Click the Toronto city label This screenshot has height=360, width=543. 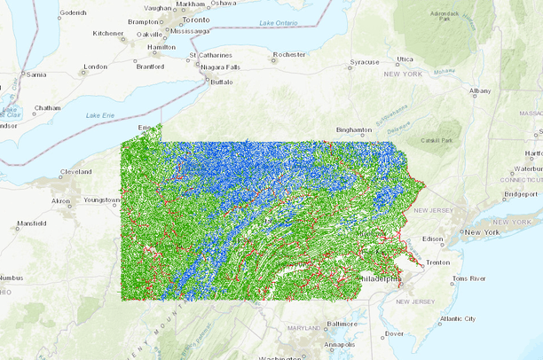pyautogui.click(x=197, y=19)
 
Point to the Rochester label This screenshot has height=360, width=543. pyautogui.click(x=289, y=54)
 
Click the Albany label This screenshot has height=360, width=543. pyautogui.click(x=480, y=90)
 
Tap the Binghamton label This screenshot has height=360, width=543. pyautogui.click(x=354, y=129)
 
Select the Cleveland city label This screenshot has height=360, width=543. pyautogui.click(x=75, y=171)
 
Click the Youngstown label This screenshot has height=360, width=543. pyautogui.click(x=101, y=200)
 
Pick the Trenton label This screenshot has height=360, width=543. pyautogui.click(x=438, y=262)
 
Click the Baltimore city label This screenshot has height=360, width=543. pyautogui.click(x=342, y=324)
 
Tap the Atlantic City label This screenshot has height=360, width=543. pyautogui.click(x=457, y=318)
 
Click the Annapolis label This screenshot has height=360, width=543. pyautogui.click(x=340, y=344)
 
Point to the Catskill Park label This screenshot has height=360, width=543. pyautogui.click(x=437, y=140)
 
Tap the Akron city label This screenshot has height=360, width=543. pyautogui.click(x=61, y=201)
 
